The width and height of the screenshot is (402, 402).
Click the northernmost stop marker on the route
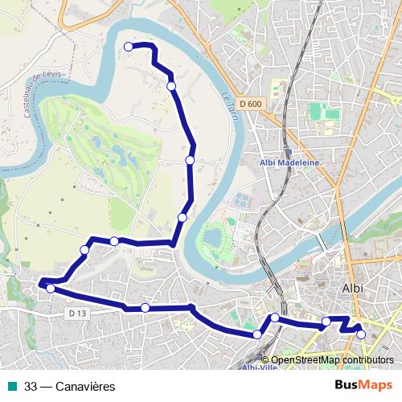[129, 47]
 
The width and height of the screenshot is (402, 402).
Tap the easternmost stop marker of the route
[361, 334]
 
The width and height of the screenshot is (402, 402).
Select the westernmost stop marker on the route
[51, 288]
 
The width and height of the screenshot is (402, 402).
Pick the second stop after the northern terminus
[190, 160]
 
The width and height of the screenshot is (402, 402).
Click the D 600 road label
[251, 104]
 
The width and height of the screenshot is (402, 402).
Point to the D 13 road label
[77, 313]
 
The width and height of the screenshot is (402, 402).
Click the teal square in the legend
[12, 386]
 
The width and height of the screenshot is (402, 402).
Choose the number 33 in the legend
[31, 387]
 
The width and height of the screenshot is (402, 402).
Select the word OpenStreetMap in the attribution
[305, 360]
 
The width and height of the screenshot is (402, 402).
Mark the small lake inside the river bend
[214, 238]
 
